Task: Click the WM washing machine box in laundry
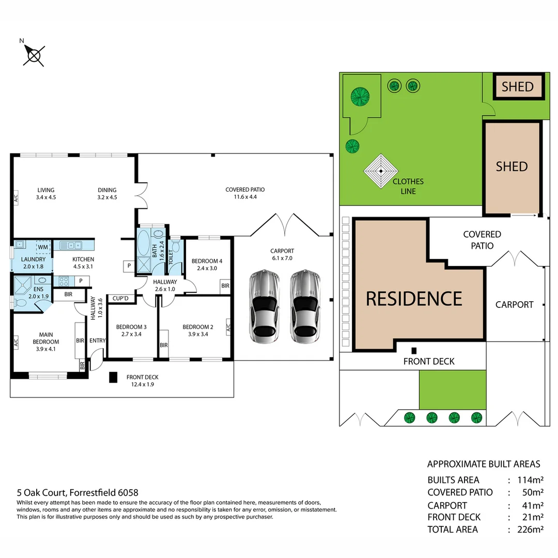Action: [43, 247]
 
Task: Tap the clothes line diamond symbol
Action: [381, 172]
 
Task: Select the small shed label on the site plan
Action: [517, 86]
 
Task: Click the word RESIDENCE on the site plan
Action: [414, 299]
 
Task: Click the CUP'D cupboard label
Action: [120, 299]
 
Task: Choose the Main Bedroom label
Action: [47, 338]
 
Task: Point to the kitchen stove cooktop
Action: [65, 281]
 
